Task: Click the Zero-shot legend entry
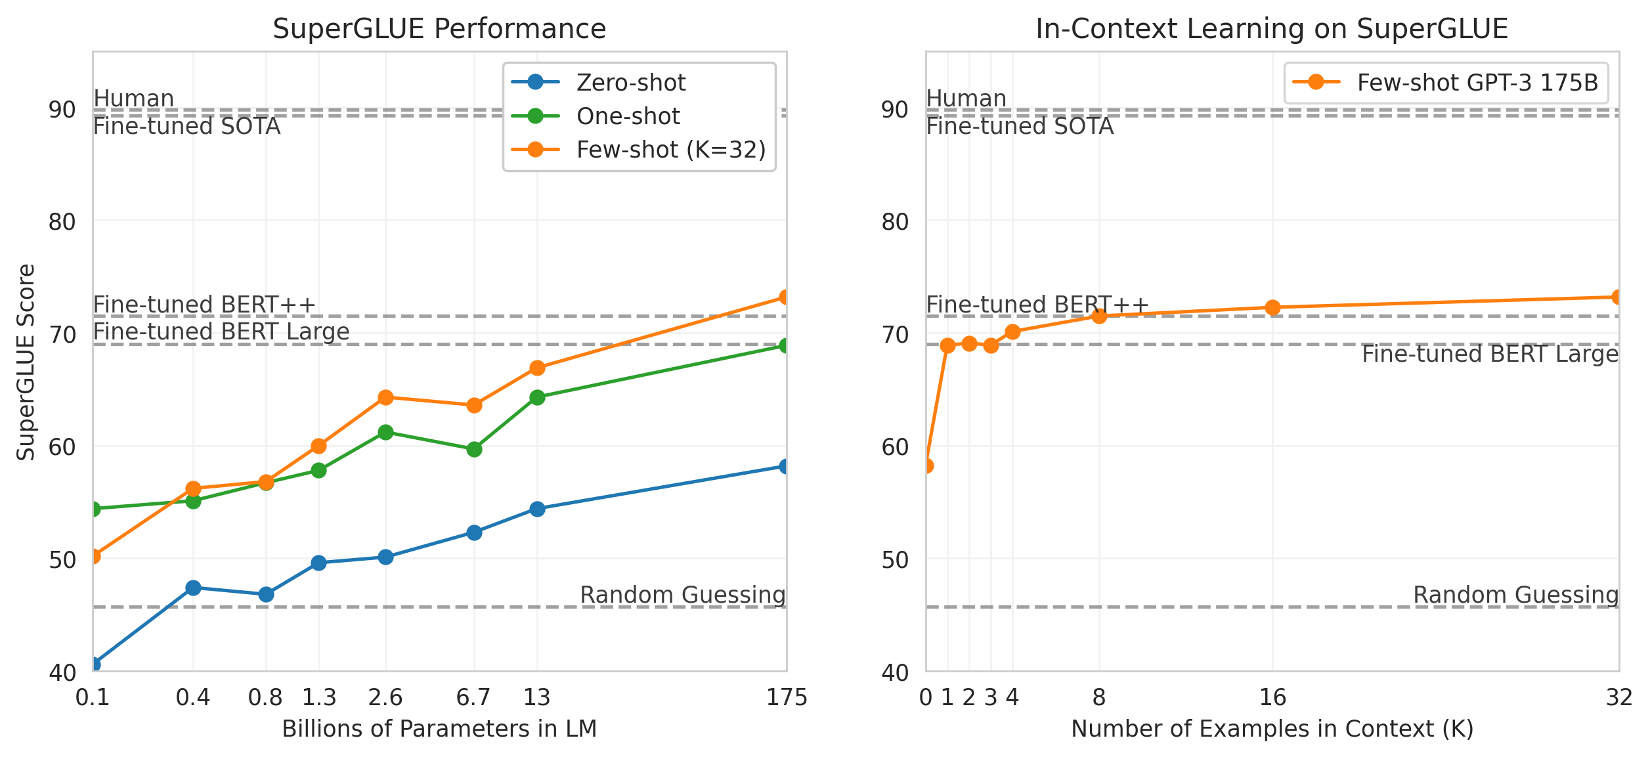pyautogui.click(x=630, y=83)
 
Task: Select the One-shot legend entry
pyautogui.click(x=628, y=116)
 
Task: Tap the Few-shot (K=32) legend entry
pyautogui.click(x=670, y=150)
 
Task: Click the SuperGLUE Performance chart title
pyautogui.click(x=439, y=29)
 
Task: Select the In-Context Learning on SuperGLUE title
pyautogui.click(x=1272, y=29)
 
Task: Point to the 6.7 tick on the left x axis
pyautogui.click(x=473, y=697)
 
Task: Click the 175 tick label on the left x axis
pyautogui.click(x=786, y=697)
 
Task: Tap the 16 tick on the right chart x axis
pyautogui.click(x=1272, y=697)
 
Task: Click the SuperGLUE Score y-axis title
pyautogui.click(x=26, y=362)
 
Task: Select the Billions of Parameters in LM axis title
pyautogui.click(x=439, y=729)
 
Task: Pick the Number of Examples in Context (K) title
pyautogui.click(x=1272, y=729)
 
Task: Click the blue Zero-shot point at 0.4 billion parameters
pyautogui.click(x=193, y=588)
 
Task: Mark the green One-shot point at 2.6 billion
pyautogui.click(x=385, y=432)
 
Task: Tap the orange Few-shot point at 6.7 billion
pyautogui.click(x=474, y=405)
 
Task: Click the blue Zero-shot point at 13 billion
pyautogui.click(x=537, y=509)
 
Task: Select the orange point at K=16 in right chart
pyautogui.click(x=1272, y=307)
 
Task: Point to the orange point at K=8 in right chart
pyautogui.click(x=1099, y=316)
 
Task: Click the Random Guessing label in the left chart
pyautogui.click(x=682, y=595)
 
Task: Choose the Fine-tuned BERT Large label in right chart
pyautogui.click(x=1489, y=354)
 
